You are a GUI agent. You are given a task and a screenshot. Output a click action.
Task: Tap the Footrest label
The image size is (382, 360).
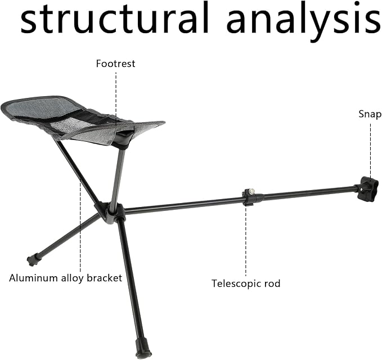point(115,64)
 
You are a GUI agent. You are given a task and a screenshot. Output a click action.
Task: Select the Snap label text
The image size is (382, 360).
point(370,114)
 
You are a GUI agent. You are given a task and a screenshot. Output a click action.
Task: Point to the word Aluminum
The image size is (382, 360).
point(33,278)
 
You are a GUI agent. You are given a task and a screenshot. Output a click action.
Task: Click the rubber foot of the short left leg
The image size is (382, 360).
point(33,260)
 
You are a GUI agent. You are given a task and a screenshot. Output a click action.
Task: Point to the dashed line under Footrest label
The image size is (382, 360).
point(116,97)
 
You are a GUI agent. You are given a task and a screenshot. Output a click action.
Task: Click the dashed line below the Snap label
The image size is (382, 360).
point(371,151)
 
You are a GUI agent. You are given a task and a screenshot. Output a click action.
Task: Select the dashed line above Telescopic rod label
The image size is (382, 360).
point(245,241)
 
